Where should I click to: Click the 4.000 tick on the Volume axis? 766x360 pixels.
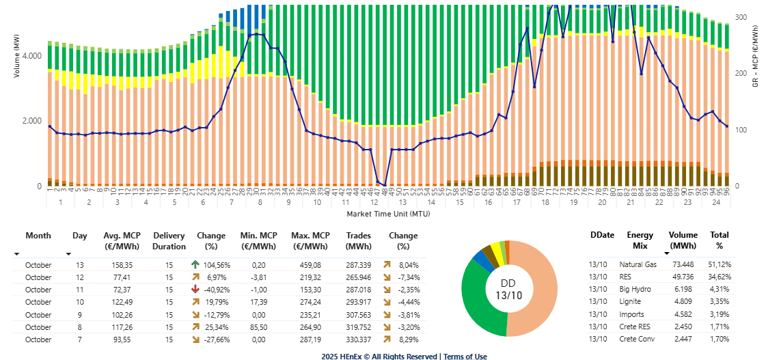point(32,55)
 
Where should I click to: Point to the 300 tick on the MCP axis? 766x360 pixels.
point(740,17)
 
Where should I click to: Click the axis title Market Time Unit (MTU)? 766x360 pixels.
point(387,213)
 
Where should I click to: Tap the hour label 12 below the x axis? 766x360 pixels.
point(374,203)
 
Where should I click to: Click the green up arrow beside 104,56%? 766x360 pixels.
point(195,265)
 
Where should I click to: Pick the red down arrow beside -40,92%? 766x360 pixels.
point(195,290)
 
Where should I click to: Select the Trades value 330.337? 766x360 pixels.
point(357,339)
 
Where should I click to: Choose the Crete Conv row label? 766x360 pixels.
point(637,339)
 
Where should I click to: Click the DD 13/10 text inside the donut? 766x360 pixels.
point(508,288)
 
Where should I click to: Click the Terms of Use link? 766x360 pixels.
point(466,356)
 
